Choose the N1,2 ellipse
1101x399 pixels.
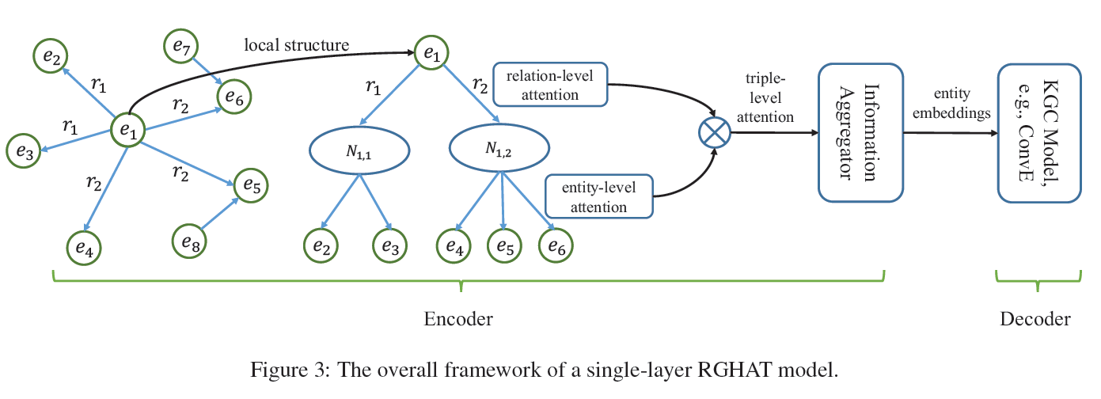498,150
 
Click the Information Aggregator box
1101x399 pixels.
860,133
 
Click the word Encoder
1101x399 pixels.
458,319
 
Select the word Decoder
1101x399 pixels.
1035,319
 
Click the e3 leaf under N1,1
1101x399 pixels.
389,246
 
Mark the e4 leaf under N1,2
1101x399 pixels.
454,246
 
